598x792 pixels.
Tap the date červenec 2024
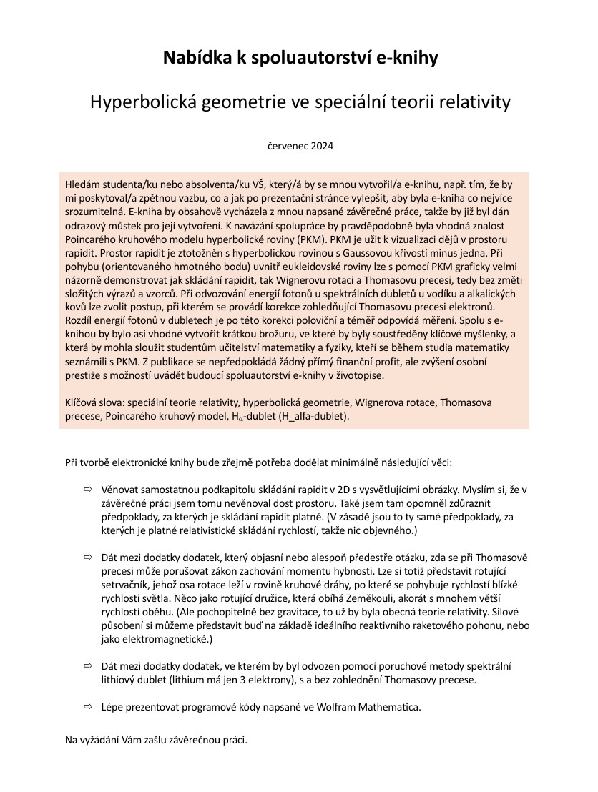[x=300, y=146]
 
